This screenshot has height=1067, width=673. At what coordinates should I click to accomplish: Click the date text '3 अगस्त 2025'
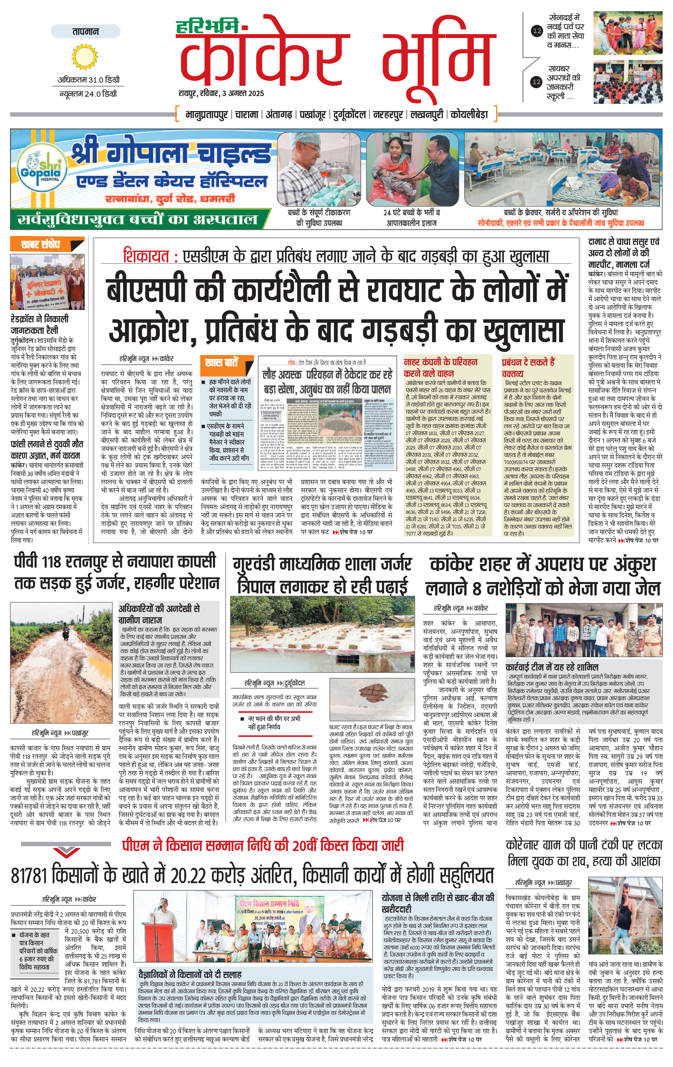(243, 94)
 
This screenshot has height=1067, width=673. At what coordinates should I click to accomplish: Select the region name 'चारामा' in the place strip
(247, 114)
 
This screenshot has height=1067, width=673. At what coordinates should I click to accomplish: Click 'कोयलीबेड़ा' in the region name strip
(469, 114)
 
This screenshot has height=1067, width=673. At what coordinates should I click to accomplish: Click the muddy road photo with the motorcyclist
(62, 663)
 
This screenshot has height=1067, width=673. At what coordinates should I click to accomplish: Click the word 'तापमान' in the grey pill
(85, 32)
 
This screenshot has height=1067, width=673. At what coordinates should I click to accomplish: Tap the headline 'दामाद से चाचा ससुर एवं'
(624, 242)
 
